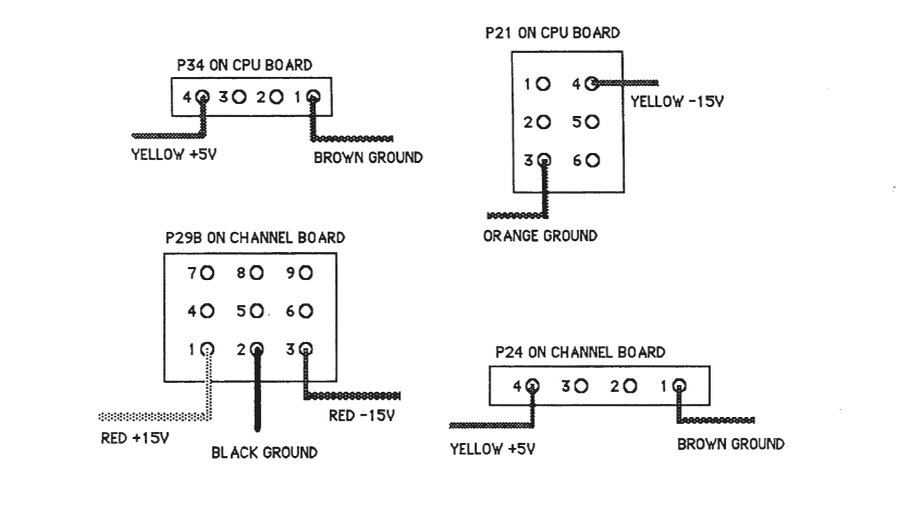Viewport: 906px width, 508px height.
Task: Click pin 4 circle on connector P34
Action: (x=203, y=97)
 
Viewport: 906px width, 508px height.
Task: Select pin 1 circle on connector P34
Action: (x=314, y=97)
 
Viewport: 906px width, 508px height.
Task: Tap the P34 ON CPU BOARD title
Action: (x=244, y=65)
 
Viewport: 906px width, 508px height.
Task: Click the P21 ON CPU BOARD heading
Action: (x=553, y=33)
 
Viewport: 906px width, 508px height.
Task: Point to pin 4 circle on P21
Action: (x=592, y=83)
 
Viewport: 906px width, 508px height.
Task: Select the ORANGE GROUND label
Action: (x=540, y=236)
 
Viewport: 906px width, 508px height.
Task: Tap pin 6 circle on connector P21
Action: (x=592, y=160)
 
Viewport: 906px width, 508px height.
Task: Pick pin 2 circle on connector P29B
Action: (x=257, y=348)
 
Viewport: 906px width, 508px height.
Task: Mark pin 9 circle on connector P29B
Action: (x=306, y=274)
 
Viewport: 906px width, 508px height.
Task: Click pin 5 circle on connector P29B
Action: (x=257, y=311)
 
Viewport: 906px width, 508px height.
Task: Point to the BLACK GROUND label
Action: (x=264, y=453)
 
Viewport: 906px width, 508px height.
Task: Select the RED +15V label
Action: (x=135, y=438)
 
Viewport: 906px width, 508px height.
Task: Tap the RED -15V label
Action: (x=362, y=416)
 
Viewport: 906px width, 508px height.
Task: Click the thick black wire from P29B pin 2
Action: (x=257, y=397)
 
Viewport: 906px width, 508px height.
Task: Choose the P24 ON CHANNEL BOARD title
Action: (x=579, y=352)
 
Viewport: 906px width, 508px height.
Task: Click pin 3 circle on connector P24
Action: (x=581, y=386)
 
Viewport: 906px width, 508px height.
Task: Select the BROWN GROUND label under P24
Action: (x=731, y=444)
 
